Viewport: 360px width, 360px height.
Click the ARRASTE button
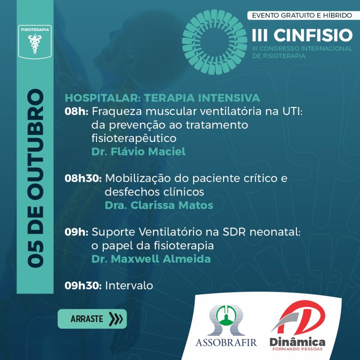pos(92,319)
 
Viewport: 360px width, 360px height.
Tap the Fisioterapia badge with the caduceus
pos(35,42)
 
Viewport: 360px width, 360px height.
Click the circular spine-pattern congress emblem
pos(214,42)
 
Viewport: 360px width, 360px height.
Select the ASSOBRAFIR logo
pos(226,326)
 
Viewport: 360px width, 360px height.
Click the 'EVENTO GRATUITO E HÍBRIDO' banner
pos(302,15)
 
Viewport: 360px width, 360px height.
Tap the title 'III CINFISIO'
pos(302,35)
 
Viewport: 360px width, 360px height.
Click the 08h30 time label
pos(83,178)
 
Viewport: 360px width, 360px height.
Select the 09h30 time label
pos(83,285)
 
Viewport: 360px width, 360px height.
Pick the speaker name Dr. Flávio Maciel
pos(139,152)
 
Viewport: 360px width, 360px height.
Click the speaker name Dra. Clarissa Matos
pos(159,205)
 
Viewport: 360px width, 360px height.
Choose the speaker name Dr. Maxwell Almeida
pos(151,259)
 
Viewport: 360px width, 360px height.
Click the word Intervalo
pos(129,285)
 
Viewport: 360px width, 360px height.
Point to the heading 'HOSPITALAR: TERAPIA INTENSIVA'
pos(162,98)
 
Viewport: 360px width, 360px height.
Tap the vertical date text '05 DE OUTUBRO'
pos(36,178)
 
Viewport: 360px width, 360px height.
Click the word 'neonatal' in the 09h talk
pos(275,232)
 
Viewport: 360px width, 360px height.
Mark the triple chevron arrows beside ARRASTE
pos(116,319)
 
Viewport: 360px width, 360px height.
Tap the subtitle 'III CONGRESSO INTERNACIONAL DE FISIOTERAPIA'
pos(302,52)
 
